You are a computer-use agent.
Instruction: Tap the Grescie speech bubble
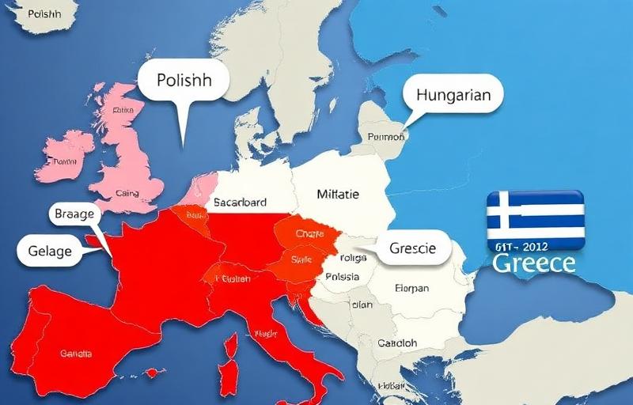click(412, 248)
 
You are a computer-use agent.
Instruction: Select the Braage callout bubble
click(75, 214)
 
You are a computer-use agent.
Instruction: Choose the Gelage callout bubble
click(50, 252)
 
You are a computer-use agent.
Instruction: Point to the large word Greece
click(533, 263)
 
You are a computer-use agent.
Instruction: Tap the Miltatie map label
click(338, 194)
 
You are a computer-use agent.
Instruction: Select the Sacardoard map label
click(241, 202)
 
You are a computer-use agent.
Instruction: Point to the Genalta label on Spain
click(76, 354)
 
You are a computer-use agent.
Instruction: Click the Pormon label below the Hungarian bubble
click(386, 136)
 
